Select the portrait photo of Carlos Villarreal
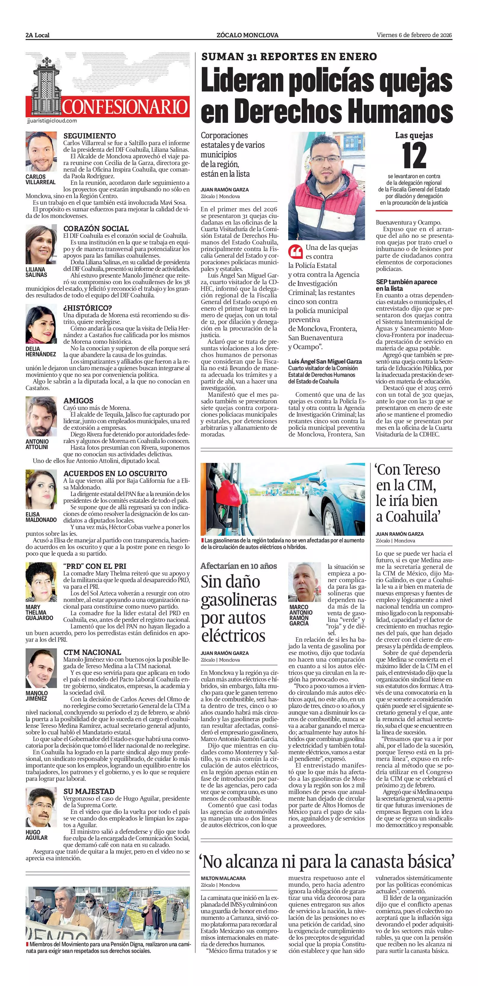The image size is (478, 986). pos(41,152)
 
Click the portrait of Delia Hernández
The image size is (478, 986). pos(41,324)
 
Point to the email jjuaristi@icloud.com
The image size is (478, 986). pos(52,121)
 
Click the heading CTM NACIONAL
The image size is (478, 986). pos(92,652)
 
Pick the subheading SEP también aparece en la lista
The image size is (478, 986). pos(406,285)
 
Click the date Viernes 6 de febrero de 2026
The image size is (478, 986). pos(414,35)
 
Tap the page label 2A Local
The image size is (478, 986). pos(38,35)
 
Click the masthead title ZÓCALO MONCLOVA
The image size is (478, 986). pos(247,35)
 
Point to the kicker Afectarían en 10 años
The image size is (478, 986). pos(239,566)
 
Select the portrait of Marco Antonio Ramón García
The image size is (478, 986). pos(304,582)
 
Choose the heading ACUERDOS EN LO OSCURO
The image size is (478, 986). pos(115,473)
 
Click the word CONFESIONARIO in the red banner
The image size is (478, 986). pos(125,107)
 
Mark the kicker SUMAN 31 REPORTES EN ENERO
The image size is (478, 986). pos(289,57)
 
